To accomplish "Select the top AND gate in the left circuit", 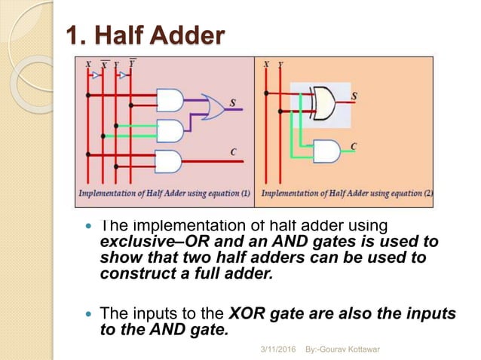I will [x=170, y=100].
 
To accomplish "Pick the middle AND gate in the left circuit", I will [x=170, y=131].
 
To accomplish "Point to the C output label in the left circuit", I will [x=233, y=152].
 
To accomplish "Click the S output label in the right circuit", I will [x=354, y=96].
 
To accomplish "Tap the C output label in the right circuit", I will [x=354, y=145].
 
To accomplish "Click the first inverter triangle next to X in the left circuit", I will [x=95, y=75].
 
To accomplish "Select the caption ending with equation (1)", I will [x=164, y=194].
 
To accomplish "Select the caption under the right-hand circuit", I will [x=346, y=194].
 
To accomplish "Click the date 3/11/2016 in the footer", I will [x=279, y=351].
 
